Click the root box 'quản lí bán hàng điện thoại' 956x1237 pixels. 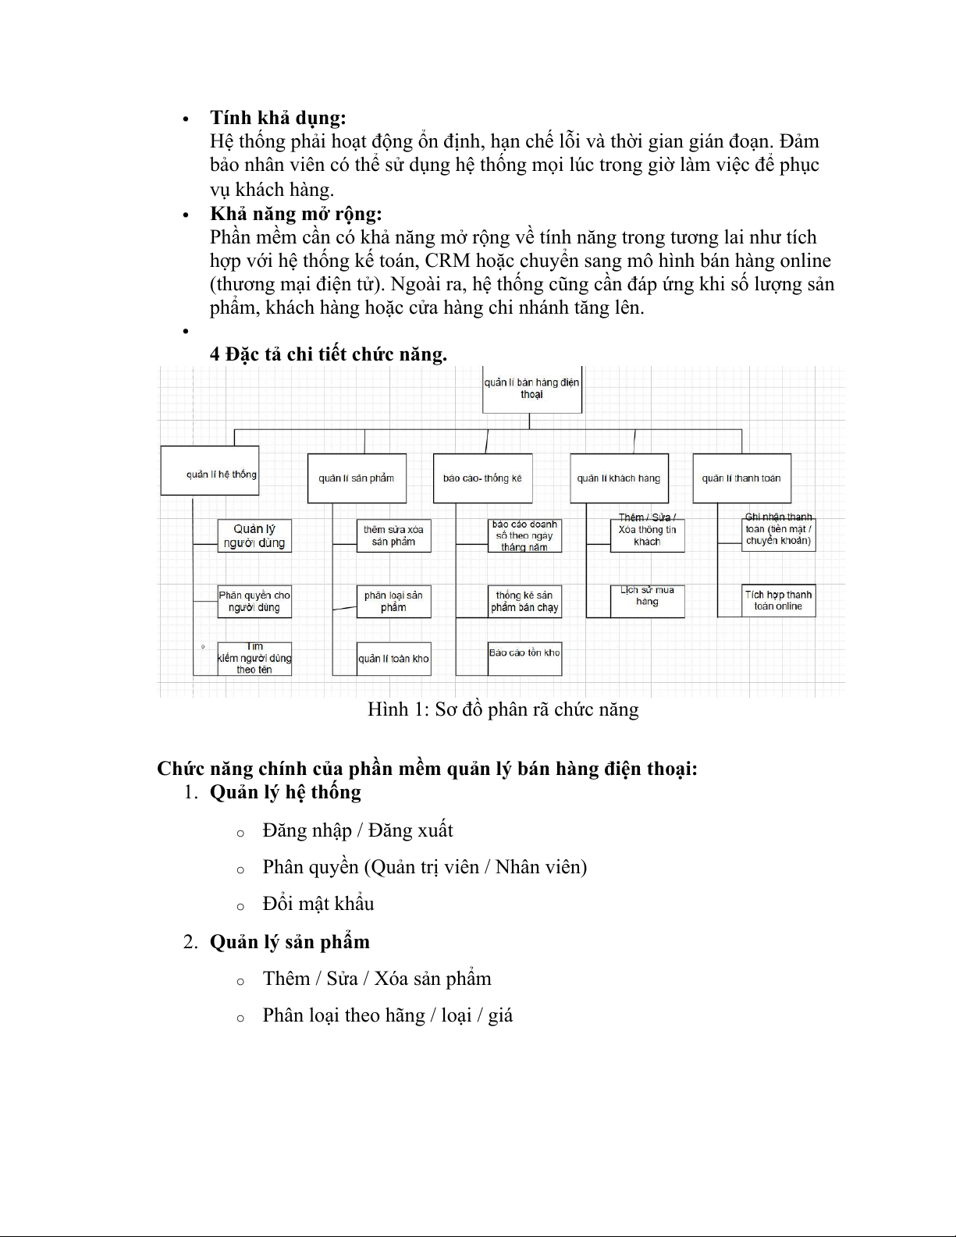(531, 389)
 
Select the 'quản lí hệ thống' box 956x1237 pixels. (209, 471)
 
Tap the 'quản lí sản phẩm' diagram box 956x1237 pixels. (357, 478)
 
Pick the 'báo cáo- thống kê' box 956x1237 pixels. (482, 478)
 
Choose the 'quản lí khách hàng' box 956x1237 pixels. (619, 478)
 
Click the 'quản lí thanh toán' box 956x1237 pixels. (741, 478)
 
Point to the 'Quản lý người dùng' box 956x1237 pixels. (254, 536)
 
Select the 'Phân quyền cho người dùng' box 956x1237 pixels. (254, 601)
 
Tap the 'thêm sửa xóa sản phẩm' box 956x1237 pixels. (393, 535)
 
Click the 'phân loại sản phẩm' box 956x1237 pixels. (393, 601)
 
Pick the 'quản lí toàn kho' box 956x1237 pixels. (393, 659)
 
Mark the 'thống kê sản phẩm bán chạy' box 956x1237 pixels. (524, 601)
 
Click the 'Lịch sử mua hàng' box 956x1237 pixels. (647, 600)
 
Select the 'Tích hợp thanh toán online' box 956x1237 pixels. (778, 600)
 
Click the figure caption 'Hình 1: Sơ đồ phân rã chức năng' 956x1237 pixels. (503, 709)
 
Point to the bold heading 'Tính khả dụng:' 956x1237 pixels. (278, 118)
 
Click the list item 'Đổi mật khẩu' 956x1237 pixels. (318, 904)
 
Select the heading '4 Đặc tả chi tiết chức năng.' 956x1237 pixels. (329, 354)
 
